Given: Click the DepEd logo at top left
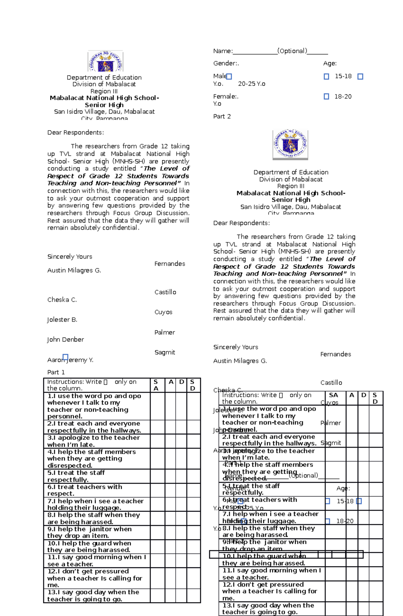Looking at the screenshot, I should click(105, 61).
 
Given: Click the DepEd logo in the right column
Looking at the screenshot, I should click(290, 145).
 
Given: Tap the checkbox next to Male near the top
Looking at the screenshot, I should click(229, 77).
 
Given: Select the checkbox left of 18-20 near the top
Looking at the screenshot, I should click(326, 97).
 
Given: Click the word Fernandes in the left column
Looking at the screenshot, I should click(170, 264).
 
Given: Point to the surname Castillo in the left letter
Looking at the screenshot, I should click(165, 292).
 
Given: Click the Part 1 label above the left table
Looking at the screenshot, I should click(56, 372).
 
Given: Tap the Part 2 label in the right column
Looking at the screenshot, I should click(222, 116).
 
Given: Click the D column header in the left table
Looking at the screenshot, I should click(182, 382).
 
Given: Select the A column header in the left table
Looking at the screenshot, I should click(171, 382).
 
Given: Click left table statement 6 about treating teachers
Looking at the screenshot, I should click(85, 490).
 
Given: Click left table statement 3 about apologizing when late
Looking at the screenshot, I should click(93, 441).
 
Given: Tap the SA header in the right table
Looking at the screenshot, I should click(333, 395).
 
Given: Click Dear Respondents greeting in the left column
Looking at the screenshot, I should click(76, 133).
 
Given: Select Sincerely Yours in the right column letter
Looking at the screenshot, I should click(235, 347).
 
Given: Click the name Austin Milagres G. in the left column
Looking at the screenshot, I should click(74, 270).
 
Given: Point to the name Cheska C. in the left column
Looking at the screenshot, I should click(62, 300).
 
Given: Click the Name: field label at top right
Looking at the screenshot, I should click(223, 51).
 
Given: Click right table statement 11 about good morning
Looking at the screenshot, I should click(271, 574).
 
